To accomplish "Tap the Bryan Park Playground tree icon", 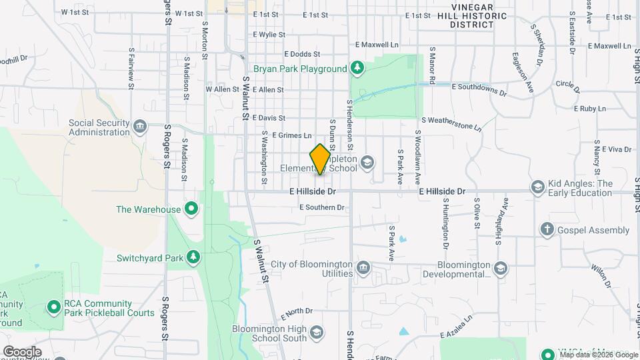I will [357, 68].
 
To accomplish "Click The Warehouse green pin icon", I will [191, 209].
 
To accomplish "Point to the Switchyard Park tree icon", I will [193, 257].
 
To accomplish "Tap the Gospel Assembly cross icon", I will [547, 230].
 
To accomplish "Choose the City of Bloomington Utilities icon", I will [363, 269].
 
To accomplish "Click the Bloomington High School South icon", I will [317, 333].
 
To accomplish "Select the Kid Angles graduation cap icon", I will [537, 187].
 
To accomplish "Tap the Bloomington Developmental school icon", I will [501, 269].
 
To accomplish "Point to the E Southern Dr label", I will [322, 207].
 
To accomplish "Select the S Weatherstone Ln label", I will [451, 120].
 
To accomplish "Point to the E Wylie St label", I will [269, 35].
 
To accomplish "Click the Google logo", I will [22, 351].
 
